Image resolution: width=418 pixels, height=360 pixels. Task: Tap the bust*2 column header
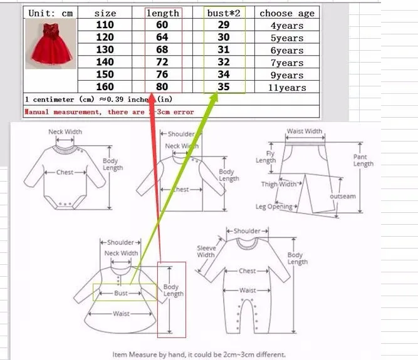pos(224,13)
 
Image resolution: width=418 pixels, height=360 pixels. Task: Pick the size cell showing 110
pos(105,26)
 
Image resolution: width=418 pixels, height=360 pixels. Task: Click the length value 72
pos(162,63)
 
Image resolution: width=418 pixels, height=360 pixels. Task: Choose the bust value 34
pos(223,75)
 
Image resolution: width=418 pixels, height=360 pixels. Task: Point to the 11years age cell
pos(287,88)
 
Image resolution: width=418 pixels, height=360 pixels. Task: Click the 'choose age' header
pos(287,13)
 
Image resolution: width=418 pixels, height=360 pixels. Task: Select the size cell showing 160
pos(105,88)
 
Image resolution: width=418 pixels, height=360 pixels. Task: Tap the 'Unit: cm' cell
pos(50,13)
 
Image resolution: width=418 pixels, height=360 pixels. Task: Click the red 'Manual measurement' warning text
pos(109,112)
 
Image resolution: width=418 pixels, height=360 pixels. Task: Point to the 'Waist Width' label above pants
pos(305,132)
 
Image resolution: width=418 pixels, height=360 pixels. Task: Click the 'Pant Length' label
pos(363,160)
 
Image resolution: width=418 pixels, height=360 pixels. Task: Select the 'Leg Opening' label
pos(274,207)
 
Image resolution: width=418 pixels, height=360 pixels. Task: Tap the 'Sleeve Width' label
pos(206,252)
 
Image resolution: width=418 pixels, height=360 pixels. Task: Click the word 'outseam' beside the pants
pos(343,197)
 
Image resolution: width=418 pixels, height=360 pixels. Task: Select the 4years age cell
pos(287,26)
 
